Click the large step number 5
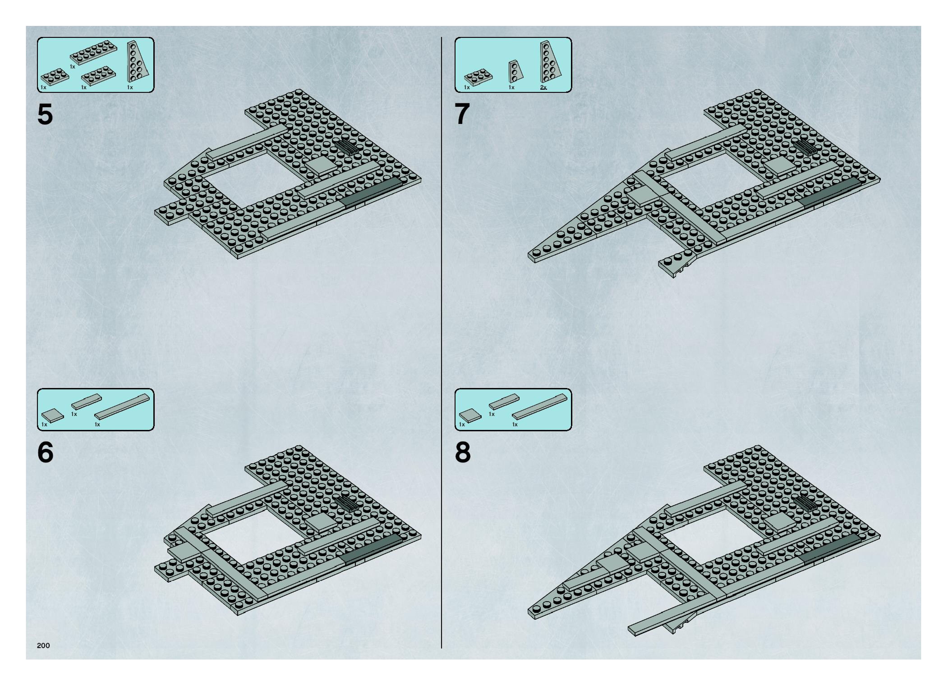(x=45, y=114)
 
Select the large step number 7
(x=462, y=114)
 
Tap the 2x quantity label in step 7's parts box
(x=543, y=87)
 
